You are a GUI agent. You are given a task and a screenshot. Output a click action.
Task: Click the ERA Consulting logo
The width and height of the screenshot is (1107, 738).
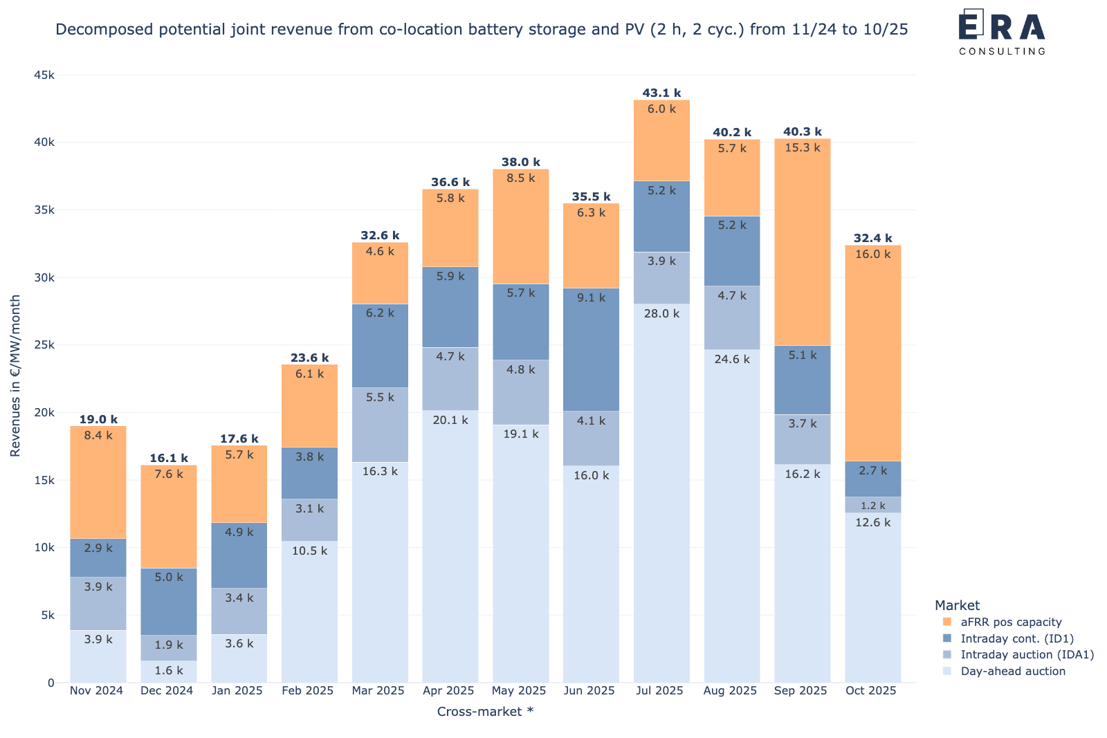[1003, 32]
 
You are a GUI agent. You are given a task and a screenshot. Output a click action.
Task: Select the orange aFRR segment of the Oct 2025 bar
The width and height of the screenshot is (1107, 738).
[872, 353]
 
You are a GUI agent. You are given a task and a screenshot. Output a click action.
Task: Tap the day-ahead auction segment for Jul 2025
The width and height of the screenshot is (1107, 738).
[661, 493]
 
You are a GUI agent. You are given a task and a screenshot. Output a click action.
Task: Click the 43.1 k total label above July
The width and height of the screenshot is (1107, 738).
[661, 93]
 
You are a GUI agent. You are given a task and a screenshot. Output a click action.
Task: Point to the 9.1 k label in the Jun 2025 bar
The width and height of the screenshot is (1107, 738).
[591, 298]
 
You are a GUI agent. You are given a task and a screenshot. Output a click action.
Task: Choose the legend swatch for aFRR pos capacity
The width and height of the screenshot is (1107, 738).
[947, 621]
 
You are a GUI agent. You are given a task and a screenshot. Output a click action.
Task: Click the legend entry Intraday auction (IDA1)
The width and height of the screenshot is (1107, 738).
[1027, 654]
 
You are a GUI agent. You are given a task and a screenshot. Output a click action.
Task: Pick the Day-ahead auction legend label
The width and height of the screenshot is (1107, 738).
[1013, 671]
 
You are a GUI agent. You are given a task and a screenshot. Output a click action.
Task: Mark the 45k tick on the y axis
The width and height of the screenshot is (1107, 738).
[44, 75]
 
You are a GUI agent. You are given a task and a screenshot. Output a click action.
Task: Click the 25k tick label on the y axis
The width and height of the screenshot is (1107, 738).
[44, 345]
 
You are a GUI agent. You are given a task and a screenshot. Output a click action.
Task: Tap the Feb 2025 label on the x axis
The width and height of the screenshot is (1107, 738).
[307, 690]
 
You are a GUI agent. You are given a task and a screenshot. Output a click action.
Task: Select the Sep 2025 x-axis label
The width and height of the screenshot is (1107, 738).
[800, 690]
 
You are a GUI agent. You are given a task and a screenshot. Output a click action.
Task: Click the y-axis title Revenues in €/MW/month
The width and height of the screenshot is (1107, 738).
[15, 376]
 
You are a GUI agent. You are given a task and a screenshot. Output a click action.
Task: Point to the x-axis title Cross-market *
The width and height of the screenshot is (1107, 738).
[485, 711]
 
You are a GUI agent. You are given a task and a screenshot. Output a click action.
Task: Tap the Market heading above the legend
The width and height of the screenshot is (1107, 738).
[957, 605]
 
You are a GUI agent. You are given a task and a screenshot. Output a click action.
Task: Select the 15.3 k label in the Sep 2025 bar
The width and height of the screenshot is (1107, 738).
[802, 148]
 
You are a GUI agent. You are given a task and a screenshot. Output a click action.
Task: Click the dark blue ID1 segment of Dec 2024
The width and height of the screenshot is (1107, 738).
[169, 602]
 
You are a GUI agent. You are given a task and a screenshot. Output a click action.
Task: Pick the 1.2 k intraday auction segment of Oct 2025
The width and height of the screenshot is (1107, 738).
[872, 505]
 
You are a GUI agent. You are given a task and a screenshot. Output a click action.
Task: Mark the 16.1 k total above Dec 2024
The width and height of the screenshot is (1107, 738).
[169, 458]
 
